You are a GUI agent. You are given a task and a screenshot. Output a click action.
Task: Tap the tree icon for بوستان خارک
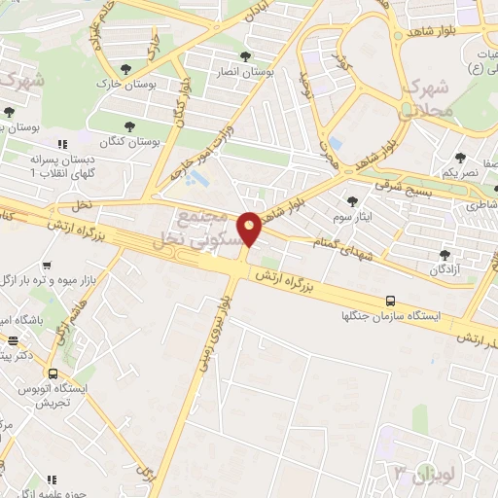pyautogui.click(x=126, y=68)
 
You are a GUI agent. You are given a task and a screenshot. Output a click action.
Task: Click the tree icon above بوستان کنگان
pyautogui.click(x=130, y=125)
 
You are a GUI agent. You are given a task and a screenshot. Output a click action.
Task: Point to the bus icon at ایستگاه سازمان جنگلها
pyautogui.click(x=390, y=301)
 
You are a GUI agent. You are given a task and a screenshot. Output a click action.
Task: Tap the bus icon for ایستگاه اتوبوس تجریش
pyautogui.click(x=52, y=373)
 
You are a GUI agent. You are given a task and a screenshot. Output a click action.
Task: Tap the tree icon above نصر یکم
pyautogui.click(x=460, y=156)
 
